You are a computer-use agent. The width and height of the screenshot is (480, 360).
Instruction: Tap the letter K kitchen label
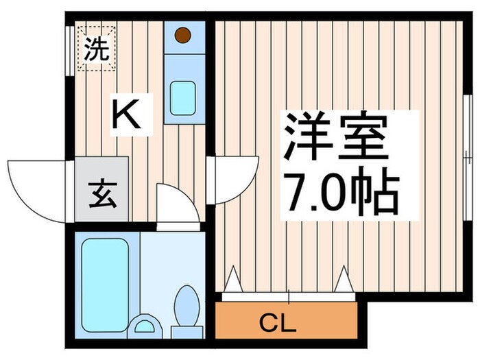pyautogui.click(x=128, y=115)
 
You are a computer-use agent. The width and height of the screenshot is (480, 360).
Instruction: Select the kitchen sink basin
pyautogui.click(x=182, y=97)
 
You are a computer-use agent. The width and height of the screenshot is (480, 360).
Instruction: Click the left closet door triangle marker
pyautogui.click(x=232, y=279)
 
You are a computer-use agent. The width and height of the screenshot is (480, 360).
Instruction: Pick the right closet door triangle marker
pyautogui.click(x=344, y=279)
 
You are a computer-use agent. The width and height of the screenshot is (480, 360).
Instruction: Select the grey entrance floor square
pyautogui.click(x=101, y=190)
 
